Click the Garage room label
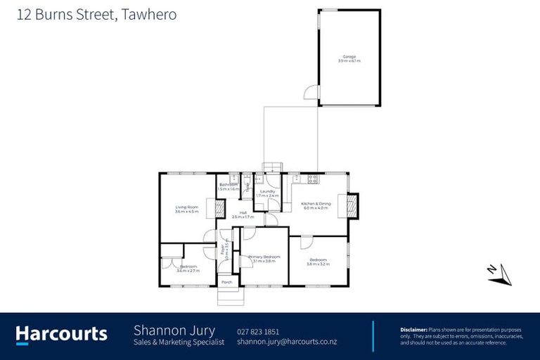coord(349,56)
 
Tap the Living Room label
coord(187,207)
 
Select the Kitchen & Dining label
coord(316,202)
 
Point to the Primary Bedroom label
coord(264,257)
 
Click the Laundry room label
coord(266,191)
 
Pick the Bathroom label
coord(229,185)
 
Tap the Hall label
coord(243,212)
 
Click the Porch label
coord(226,282)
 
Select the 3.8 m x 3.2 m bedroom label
coord(319,260)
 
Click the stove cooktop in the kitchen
coord(313,179)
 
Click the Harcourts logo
coord(61,334)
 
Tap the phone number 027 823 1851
coord(258,331)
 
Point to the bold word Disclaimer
coord(413,329)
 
